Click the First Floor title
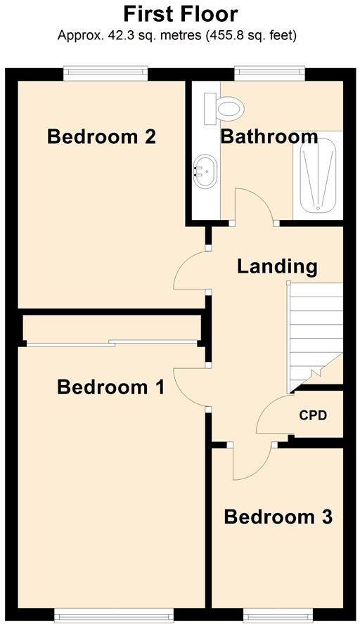point(180,13)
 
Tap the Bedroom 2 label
point(101,136)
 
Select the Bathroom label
point(269,136)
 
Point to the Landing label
point(276,266)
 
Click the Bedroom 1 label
point(110,386)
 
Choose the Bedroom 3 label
point(278,517)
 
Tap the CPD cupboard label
point(313,415)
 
